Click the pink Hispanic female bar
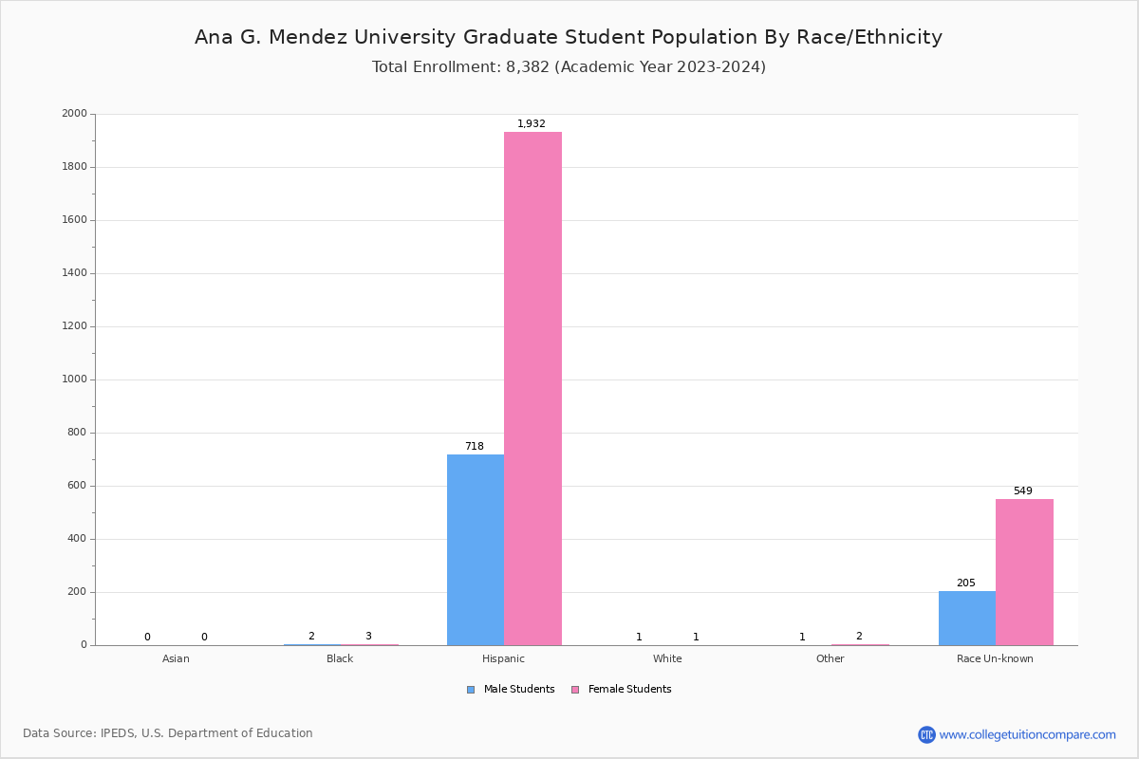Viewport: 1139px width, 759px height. [532, 389]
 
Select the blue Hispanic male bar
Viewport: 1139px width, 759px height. [476, 550]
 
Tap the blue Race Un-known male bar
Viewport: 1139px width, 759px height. [967, 619]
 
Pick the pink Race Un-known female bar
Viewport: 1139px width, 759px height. [1024, 572]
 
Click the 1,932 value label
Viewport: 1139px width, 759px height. [532, 124]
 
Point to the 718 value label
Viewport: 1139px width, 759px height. [475, 447]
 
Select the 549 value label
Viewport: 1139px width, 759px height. [1022, 491]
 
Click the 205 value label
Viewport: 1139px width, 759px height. [965, 583]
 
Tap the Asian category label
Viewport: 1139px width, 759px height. [176, 658]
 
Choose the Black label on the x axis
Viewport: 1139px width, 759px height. [340, 658]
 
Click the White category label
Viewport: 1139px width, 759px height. [667, 658]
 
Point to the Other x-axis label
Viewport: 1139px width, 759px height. [830, 658]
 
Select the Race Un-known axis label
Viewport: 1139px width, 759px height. [995, 658]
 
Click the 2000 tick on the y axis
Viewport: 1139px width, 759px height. [74, 114]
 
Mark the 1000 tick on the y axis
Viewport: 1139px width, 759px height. [74, 379]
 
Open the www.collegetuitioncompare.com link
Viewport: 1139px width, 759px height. [1027, 734]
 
